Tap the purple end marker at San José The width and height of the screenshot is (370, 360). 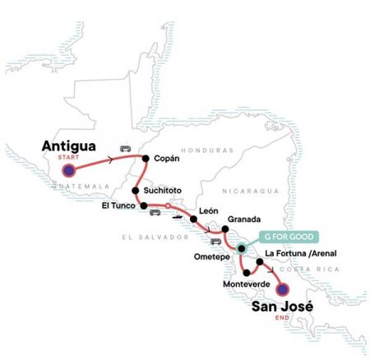[x=282, y=290]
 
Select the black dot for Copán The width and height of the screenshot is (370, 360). [x=146, y=159]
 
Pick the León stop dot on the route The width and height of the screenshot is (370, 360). [x=193, y=220]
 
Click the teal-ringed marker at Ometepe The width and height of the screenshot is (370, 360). [x=241, y=248]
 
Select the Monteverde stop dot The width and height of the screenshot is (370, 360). [x=247, y=272]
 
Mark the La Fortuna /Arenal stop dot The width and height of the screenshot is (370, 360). [x=260, y=262]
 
